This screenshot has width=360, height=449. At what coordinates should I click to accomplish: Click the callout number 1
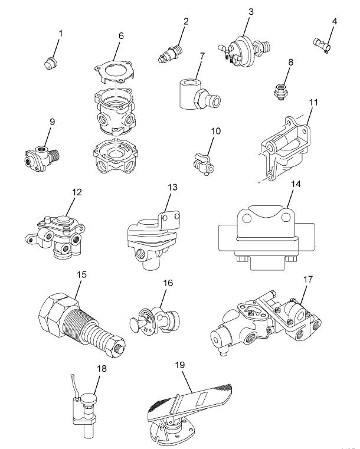[x=60, y=34]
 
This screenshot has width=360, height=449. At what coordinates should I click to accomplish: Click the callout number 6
[x=121, y=36]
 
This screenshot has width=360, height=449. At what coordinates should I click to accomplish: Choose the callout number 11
[x=313, y=102]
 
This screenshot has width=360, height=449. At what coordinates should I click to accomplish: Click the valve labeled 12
[x=55, y=232]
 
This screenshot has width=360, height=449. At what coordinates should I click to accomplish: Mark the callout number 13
[x=172, y=188]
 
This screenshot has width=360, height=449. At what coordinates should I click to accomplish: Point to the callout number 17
[x=307, y=278]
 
